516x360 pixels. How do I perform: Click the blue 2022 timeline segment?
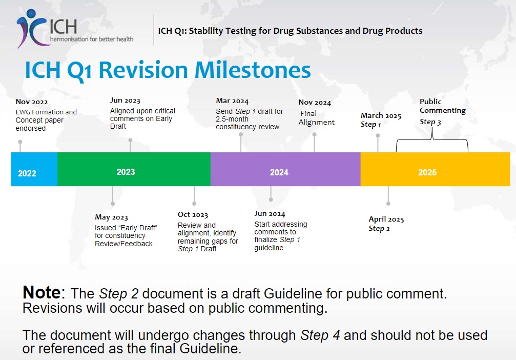pyautogui.click(x=34, y=169)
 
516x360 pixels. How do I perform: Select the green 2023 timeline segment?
pyautogui.click(x=134, y=169)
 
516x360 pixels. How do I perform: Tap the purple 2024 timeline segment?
pyautogui.click(x=285, y=169)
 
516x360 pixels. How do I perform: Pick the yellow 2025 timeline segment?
pyautogui.click(x=435, y=169)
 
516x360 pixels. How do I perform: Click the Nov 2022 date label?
pyautogui.click(x=32, y=102)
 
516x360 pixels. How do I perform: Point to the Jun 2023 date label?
pyautogui.click(x=125, y=101)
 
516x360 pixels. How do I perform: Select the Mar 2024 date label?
pyautogui.click(x=232, y=101)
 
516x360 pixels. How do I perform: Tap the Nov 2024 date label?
pyautogui.click(x=315, y=103)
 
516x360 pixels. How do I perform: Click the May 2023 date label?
pyautogui.click(x=111, y=217)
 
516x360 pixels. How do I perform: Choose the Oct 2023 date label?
pyautogui.click(x=193, y=215)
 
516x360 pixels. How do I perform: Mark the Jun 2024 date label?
pyautogui.click(x=270, y=214)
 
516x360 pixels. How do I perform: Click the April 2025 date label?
pyautogui.click(x=386, y=219)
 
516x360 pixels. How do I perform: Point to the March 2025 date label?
pyautogui.click(x=381, y=115)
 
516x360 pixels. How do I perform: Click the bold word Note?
pyautogui.click(x=42, y=292)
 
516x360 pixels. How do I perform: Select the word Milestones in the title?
pyautogui.click(x=253, y=70)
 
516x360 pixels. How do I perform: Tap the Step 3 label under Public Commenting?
pyautogui.click(x=430, y=122)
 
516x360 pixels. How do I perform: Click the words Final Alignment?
pyautogui.click(x=316, y=118)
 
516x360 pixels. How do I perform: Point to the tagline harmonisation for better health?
pyautogui.click(x=92, y=39)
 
